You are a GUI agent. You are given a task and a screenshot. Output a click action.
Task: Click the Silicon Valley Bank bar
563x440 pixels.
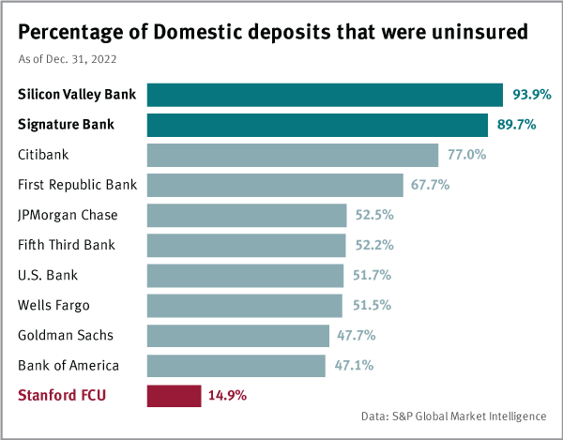point(325,95)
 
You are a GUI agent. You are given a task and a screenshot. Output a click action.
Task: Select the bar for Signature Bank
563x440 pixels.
point(317,125)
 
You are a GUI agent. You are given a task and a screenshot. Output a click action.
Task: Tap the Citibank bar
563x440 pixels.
point(293,155)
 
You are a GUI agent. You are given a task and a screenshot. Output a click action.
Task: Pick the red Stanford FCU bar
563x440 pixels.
point(174,395)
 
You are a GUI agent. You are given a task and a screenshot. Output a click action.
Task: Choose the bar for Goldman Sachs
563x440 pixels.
point(238,335)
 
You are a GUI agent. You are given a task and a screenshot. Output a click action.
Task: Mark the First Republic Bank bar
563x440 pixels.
point(275,185)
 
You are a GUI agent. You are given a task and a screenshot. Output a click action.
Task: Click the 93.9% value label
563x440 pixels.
point(531,95)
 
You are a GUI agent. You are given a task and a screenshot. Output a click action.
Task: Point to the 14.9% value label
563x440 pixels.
point(228,395)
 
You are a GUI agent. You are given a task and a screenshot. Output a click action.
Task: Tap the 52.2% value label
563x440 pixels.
point(373,245)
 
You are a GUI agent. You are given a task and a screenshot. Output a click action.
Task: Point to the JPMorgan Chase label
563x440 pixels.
point(68,215)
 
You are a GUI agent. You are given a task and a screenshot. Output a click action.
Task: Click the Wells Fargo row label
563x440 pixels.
point(54,305)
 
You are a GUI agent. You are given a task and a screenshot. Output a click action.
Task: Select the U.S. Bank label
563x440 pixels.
point(48,275)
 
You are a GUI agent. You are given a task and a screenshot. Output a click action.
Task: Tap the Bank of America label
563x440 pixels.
point(68,365)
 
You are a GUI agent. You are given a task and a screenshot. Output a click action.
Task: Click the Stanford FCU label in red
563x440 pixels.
point(62,395)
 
